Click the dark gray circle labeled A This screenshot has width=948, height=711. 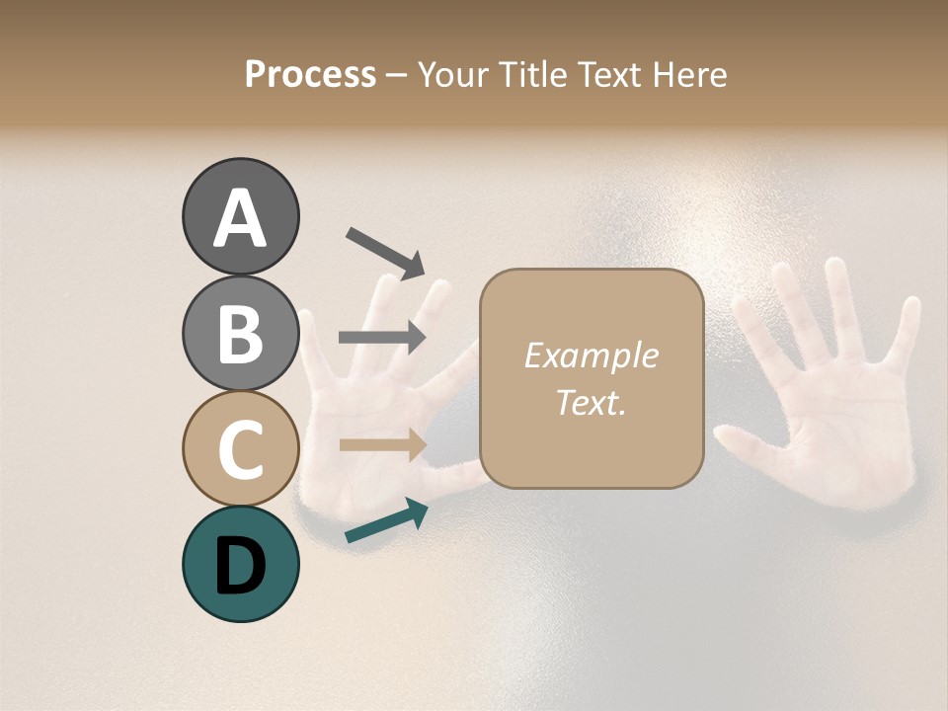coord(240,217)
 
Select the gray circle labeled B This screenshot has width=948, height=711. coord(240,333)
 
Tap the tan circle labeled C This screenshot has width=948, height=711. coord(240,448)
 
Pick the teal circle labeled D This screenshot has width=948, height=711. coord(240,564)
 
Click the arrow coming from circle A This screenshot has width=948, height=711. coord(385,252)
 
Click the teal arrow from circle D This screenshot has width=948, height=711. coord(386,521)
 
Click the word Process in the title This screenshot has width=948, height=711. coord(310,75)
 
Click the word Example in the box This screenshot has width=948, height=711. coord(591,355)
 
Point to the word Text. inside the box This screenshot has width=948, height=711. coord(591,402)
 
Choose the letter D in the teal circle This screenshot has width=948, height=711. coord(240,566)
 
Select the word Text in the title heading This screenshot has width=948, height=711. coord(606,75)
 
